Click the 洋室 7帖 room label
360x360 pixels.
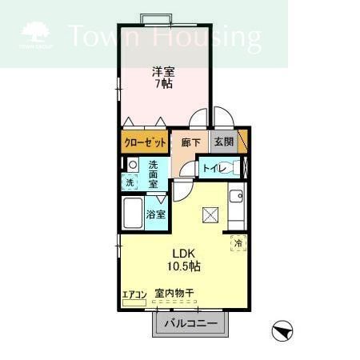pos(165,78)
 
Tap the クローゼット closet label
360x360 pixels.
pos(145,142)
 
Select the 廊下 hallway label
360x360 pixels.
pos(190,142)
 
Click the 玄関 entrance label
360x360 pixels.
pos(223,142)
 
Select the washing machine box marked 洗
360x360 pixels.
pos(130,182)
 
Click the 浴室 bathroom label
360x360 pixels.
pos(156,214)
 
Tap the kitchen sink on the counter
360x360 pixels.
pos(236,196)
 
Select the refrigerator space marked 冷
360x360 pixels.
pos(238,243)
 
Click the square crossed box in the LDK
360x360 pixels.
pos(211,214)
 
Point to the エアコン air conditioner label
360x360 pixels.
pos(134,294)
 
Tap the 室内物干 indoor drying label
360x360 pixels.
pos(174,294)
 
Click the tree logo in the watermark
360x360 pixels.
pos(34,32)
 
